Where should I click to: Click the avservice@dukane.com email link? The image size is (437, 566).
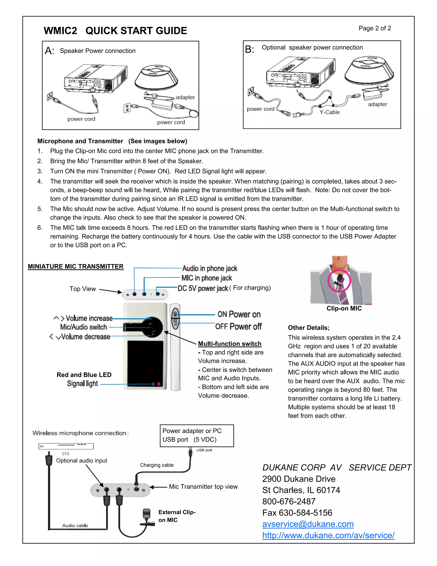pos(308,524)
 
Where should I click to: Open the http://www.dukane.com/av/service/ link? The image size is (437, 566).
pos(328,535)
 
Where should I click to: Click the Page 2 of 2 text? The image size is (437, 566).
pos(375,28)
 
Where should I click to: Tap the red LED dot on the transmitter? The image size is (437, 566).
pos(159,384)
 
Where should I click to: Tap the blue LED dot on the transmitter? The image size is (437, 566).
pos(153,384)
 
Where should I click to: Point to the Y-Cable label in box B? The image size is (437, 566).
pos(329,112)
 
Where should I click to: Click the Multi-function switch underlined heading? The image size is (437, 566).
pos(229,344)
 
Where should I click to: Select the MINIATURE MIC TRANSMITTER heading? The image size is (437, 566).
pos(76,266)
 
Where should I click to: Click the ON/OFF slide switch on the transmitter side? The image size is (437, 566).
pos(175,318)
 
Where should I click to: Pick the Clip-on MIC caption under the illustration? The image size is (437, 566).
pos(344,308)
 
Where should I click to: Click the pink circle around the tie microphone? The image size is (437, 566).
pos(339,281)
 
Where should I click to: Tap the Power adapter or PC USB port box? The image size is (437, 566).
pos(197,435)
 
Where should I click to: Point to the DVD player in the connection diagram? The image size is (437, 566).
pos(66,446)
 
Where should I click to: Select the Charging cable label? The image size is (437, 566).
pos(157,465)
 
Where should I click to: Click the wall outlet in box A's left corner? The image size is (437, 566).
pos(50,96)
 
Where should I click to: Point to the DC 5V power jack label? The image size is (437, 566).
pos(203,288)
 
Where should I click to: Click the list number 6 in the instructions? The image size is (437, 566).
pos(40,227)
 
